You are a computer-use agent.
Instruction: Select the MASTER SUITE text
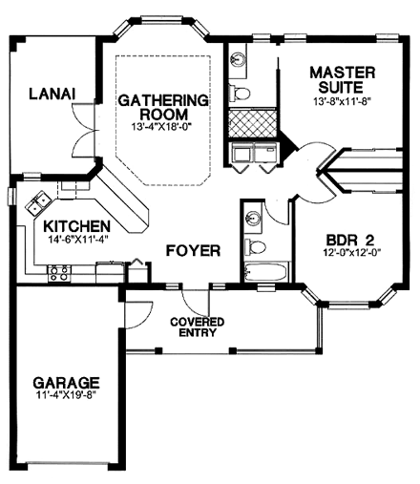click(x=342, y=80)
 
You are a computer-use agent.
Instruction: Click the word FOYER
click(x=193, y=251)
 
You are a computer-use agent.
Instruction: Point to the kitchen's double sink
click(x=39, y=202)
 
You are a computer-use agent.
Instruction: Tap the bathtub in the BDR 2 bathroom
click(x=264, y=273)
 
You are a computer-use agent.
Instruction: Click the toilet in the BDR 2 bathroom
click(x=252, y=246)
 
